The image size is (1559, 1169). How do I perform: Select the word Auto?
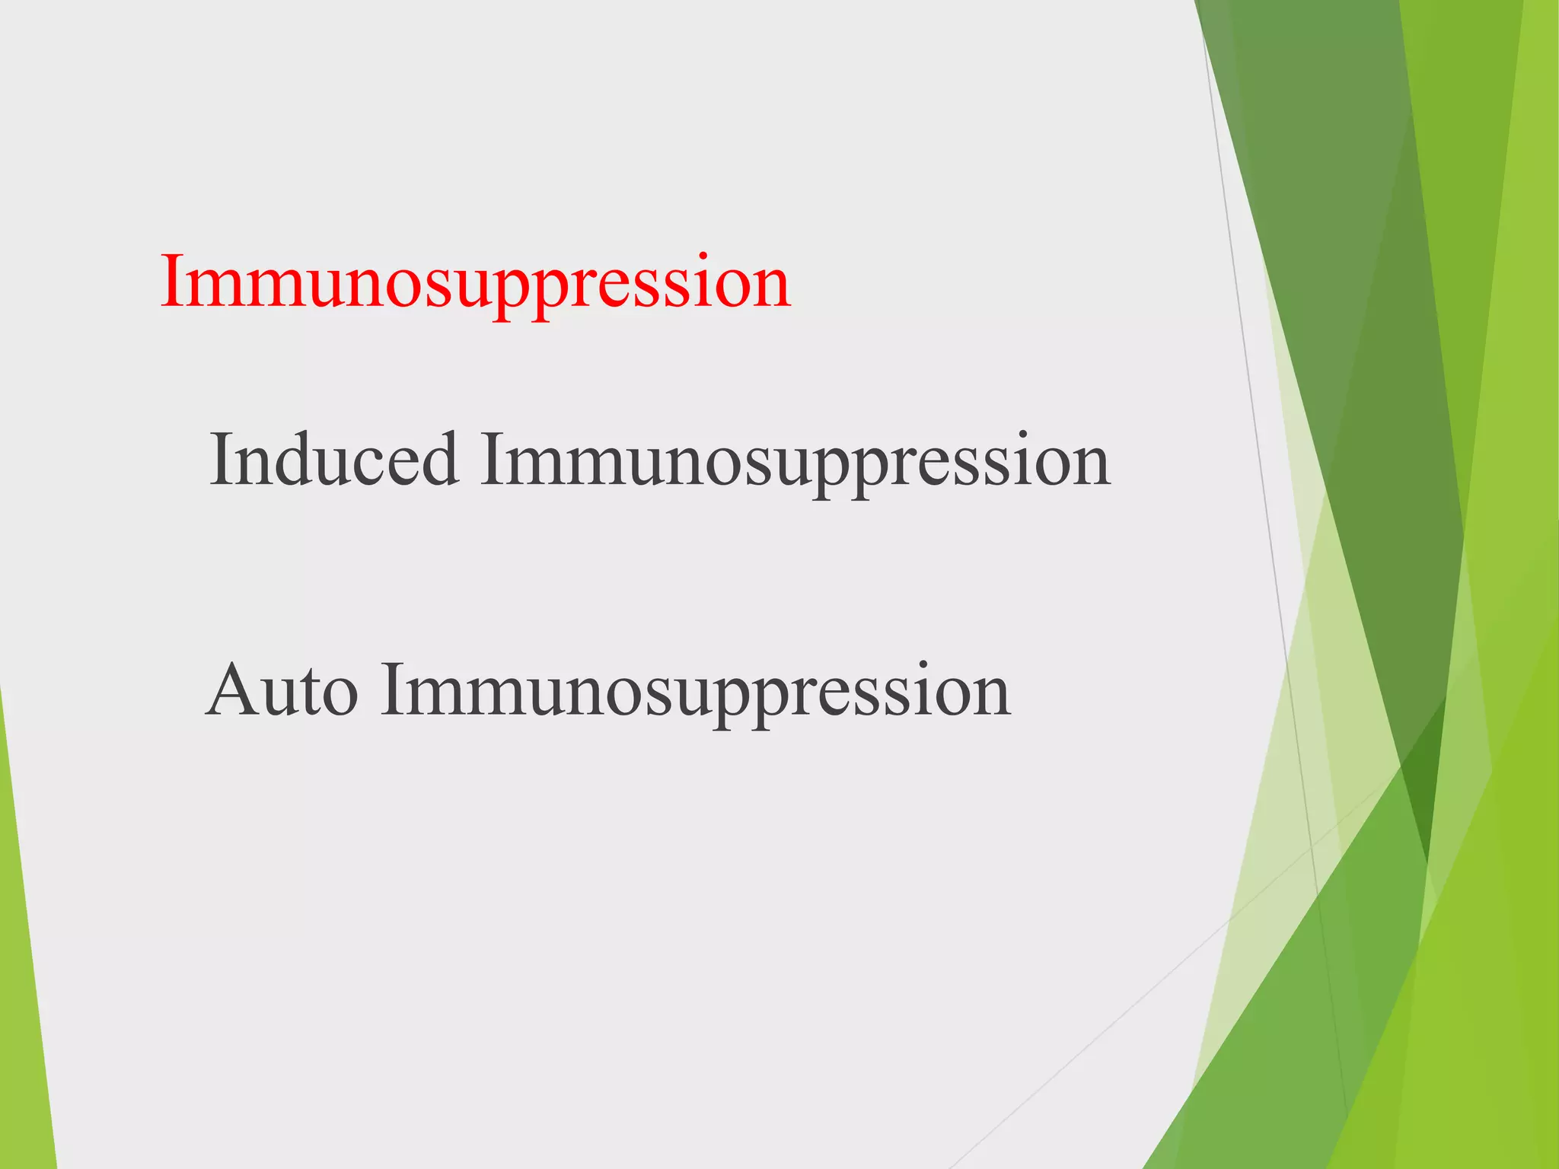pyautogui.click(x=282, y=691)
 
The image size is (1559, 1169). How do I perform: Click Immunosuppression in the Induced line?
pyautogui.click(x=795, y=461)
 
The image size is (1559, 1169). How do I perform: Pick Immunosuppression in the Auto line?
pyautogui.click(x=696, y=691)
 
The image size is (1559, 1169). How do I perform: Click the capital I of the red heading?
pyautogui.click(x=174, y=282)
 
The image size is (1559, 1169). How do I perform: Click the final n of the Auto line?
pyautogui.click(x=990, y=696)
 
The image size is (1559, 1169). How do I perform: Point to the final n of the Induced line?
pyautogui.click(x=1089, y=466)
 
